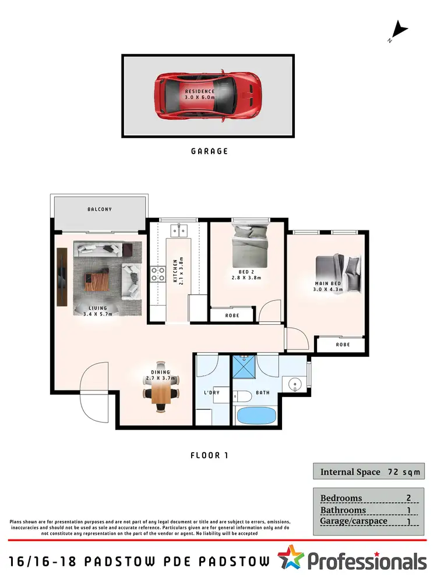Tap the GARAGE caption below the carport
[x=209, y=151]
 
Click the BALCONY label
[x=100, y=210]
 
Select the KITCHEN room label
[x=177, y=270]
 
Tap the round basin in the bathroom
[x=295, y=384]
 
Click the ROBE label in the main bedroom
[x=342, y=345]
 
